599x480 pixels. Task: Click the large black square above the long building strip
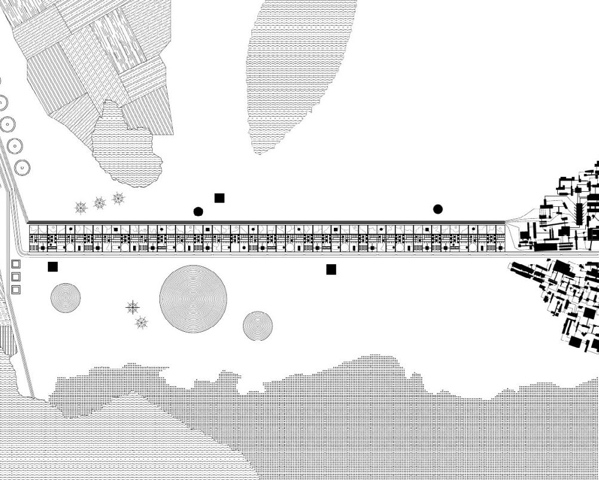click(219, 198)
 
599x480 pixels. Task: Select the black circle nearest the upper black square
click(198, 212)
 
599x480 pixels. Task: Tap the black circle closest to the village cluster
click(438, 209)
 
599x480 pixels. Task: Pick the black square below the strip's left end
click(53, 267)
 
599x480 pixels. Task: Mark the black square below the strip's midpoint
click(331, 270)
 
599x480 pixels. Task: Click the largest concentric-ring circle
click(193, 299)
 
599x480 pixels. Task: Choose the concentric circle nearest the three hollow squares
click(66, 298)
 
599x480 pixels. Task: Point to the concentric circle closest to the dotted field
click(257, 326)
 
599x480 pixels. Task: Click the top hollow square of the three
click(16, 264)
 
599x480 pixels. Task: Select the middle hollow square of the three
click(16, 277)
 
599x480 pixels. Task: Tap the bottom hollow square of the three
click(16, 290)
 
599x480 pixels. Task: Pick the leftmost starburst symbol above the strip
click(81, 207)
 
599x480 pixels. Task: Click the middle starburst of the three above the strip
click(100, 203)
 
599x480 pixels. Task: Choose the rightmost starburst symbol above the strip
click(119, 198)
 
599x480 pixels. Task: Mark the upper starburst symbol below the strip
click(133, 307)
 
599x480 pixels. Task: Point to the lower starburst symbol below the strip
click(142, 323)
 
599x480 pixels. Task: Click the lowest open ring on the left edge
click(22, 168)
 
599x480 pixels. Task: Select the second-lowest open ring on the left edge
click(15, 146)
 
